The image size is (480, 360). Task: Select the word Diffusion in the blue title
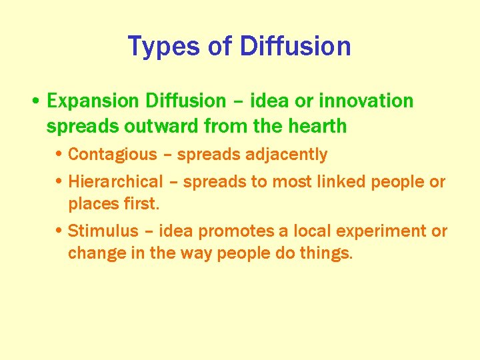coord(295,46)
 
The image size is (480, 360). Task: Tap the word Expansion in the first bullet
coord(93,101)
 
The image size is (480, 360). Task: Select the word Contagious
coord(113,155)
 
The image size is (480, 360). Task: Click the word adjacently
coord(285,155)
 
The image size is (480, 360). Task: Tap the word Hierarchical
coord(115,181)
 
